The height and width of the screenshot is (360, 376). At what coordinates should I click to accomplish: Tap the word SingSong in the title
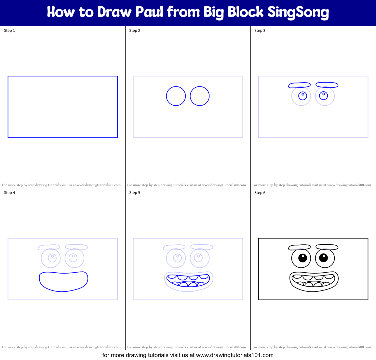pyautogui.click(x=298, y=12)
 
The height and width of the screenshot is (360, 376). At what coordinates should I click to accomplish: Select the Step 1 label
pyautogui.click(x=9, y=31)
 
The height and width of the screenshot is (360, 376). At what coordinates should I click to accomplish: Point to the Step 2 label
pyautogui.click(x=135, y=31)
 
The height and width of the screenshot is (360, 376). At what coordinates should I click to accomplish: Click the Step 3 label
pyautogui.click(x=260, y=31)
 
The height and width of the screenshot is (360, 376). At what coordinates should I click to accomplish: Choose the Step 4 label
pyautogui.click(x=9, y=193)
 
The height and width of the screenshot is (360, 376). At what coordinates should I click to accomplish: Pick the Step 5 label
pyautogui.click(x=135, y=193)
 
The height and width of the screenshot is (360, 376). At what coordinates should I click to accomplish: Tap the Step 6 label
pyautogui.click(x=260, y=193)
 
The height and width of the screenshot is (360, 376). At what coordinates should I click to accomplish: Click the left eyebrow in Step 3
pyautogui.click(x=300, y=85)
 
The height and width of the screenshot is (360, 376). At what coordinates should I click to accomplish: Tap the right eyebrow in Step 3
pyautogui.click(x=327, y=85)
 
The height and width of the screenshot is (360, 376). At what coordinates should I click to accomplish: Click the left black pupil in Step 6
pyautogui.click(x=302, y=258)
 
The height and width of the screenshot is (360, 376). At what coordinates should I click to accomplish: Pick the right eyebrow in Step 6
pyautogui.click(x=327, y=247)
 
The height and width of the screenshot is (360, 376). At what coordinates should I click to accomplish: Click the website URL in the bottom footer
pyautogui.click(x=235, y=355)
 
